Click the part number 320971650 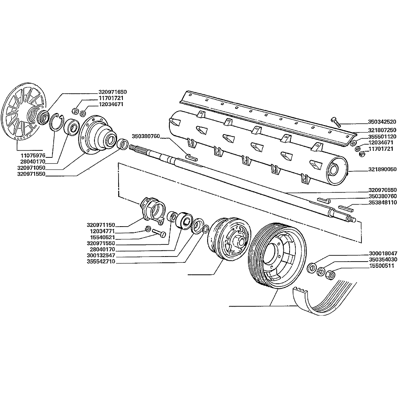pos(112,92)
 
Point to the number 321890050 pos(382,169)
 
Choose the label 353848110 pos(382,202)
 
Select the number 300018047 pos(382,253)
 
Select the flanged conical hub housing pos(97,134)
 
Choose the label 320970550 pos(382,190)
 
